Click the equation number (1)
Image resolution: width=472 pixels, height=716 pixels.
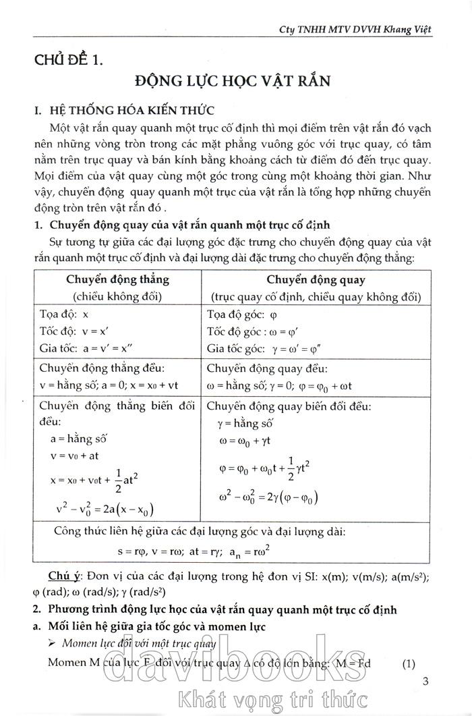pos(409,663)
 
